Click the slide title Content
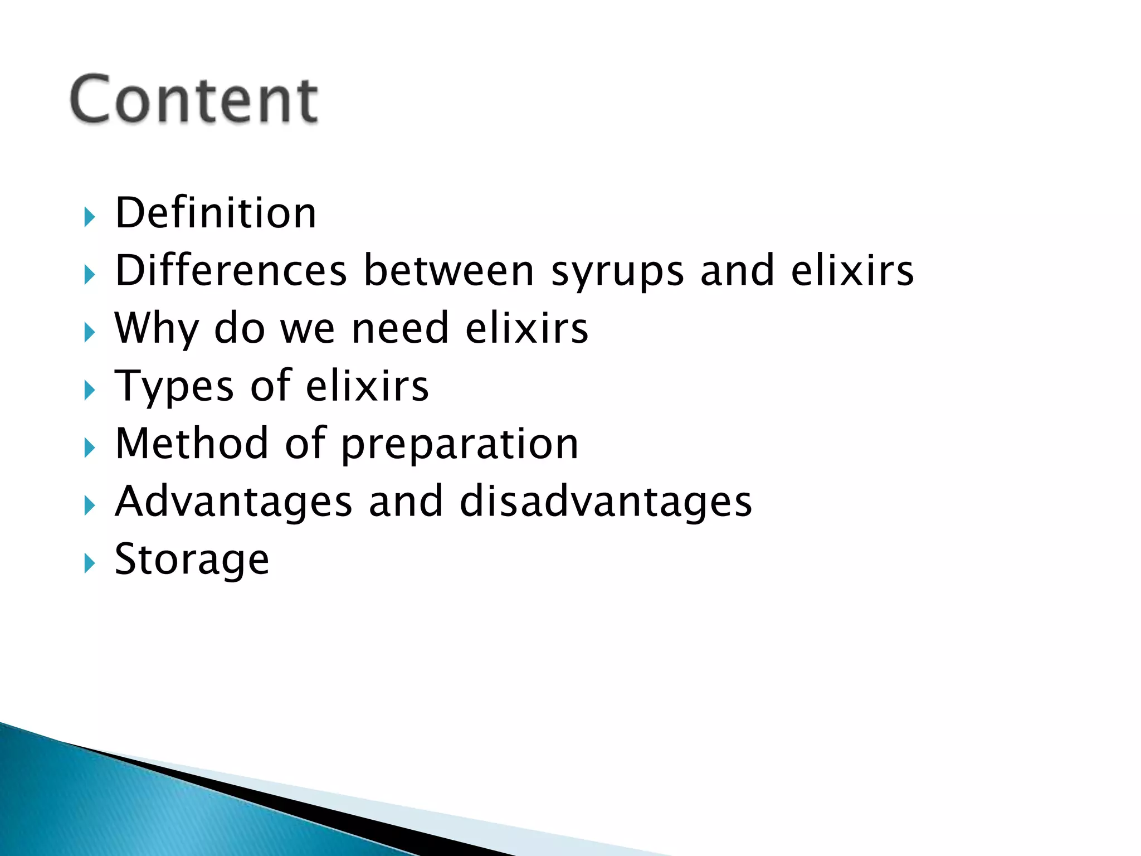(x=194, y=99)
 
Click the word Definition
(x=216, y=213)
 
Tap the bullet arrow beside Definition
(x=90, y=217)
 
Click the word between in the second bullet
(x=449, y=270)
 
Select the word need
(x=400, y=328)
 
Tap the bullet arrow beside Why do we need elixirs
(x=90, y=333)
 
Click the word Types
(x=174, y=387)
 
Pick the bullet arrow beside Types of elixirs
(x=90, y=390)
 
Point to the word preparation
(x=460, y=446)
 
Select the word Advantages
(x=233, y=502)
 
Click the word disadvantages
(x=606, y=502)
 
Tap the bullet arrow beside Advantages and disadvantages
(x=90, y=505)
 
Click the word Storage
(x=192, y=560)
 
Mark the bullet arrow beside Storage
(x=90, y=563)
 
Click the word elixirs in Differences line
(x=852, y=270)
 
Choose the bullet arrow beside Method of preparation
(x=90, y=448)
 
